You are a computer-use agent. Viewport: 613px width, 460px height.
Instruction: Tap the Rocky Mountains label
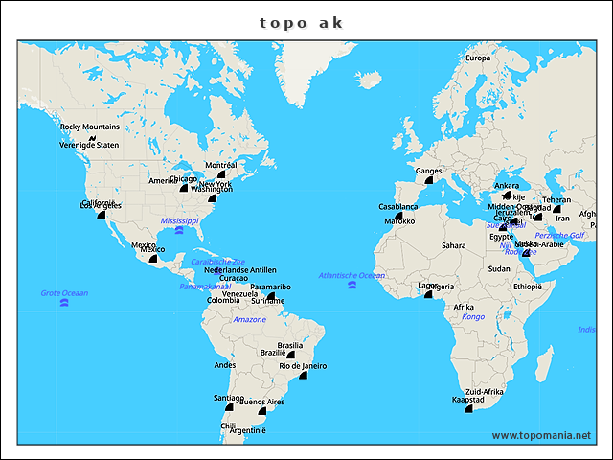tap(90, 126)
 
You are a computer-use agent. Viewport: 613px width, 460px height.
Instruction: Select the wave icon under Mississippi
tap(179, 231)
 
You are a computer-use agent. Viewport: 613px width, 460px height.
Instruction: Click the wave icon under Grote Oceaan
tap(64, 303)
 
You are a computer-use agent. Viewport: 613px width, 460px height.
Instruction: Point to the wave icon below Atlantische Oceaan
tap(352, 286)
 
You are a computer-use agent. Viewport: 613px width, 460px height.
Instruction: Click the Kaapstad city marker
tap(468, 409)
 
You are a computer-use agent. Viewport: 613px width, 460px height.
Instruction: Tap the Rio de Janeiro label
tap(303, 365)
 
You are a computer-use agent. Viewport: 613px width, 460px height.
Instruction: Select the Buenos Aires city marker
tap(262, 411)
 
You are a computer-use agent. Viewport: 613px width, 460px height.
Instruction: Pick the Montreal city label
tap(220, 165)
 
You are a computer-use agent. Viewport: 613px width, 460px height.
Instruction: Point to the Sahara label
tap(453, 245)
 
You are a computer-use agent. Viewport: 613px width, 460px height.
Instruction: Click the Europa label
tap(477, 58)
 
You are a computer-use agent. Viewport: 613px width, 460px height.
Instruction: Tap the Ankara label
tap(506, 186)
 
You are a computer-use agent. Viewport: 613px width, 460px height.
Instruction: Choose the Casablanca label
tap(397, 206)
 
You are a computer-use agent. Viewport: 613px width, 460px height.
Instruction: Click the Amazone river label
tap(250, 319)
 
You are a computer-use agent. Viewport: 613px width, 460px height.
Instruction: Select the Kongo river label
tap(473, 316)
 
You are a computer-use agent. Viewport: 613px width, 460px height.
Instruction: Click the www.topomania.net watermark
tap(541, 435)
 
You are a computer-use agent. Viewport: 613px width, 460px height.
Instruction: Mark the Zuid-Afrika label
tap(484, 393)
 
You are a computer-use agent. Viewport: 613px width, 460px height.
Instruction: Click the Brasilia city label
tap(289, 345)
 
